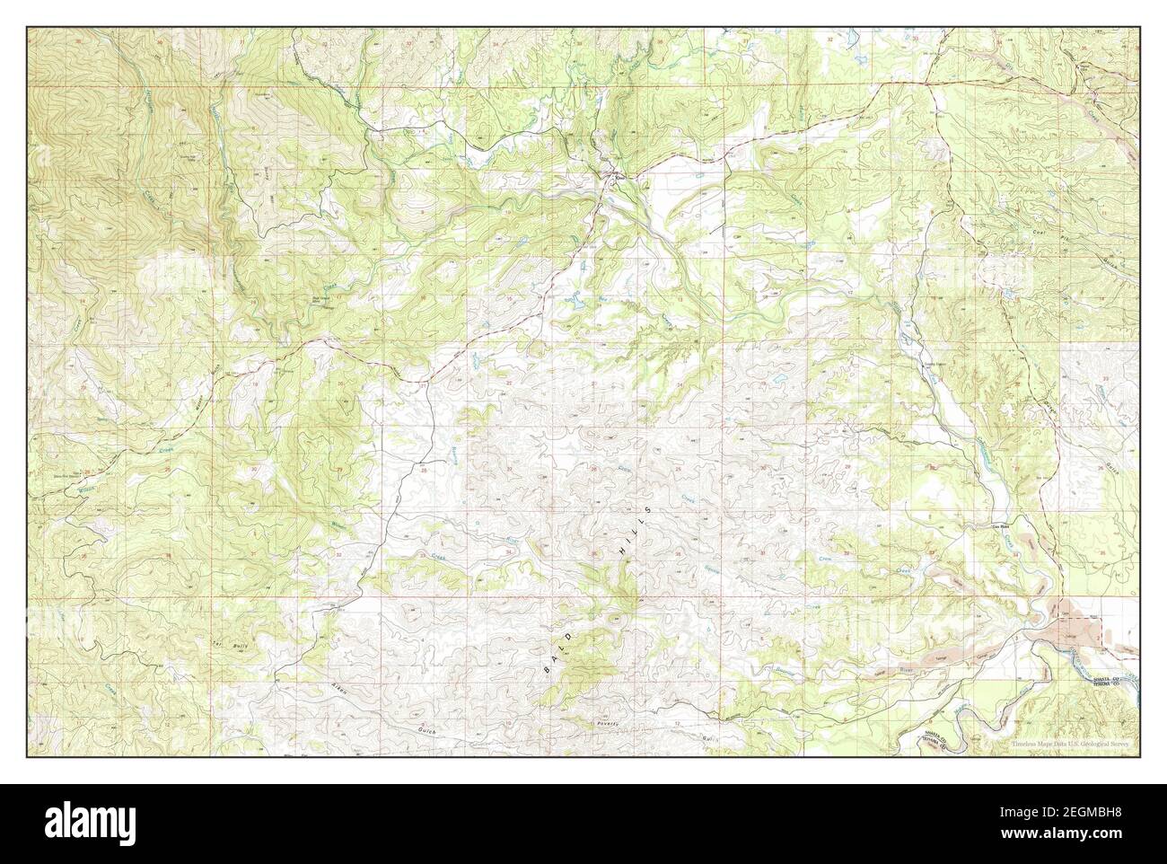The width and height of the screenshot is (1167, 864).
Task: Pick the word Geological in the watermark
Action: (1093, 745)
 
